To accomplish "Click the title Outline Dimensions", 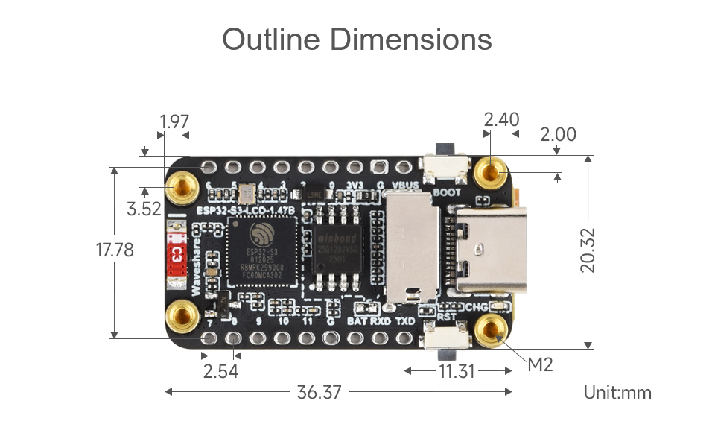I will click(x=357, y=40).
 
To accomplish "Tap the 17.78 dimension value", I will click(x=115, y=250).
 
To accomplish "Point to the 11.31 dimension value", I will click(x=457, y=370).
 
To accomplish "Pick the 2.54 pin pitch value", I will click(x=220, y=370).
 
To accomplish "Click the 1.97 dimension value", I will click(x=174, y=121).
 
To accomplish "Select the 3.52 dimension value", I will click(x=144, y=209).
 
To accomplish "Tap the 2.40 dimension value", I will click(x=501, y=120).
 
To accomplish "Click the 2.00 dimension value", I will click(x=558, y=134).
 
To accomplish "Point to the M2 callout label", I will click(x=540, y=365).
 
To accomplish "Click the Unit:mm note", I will click(x=617, y=392).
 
